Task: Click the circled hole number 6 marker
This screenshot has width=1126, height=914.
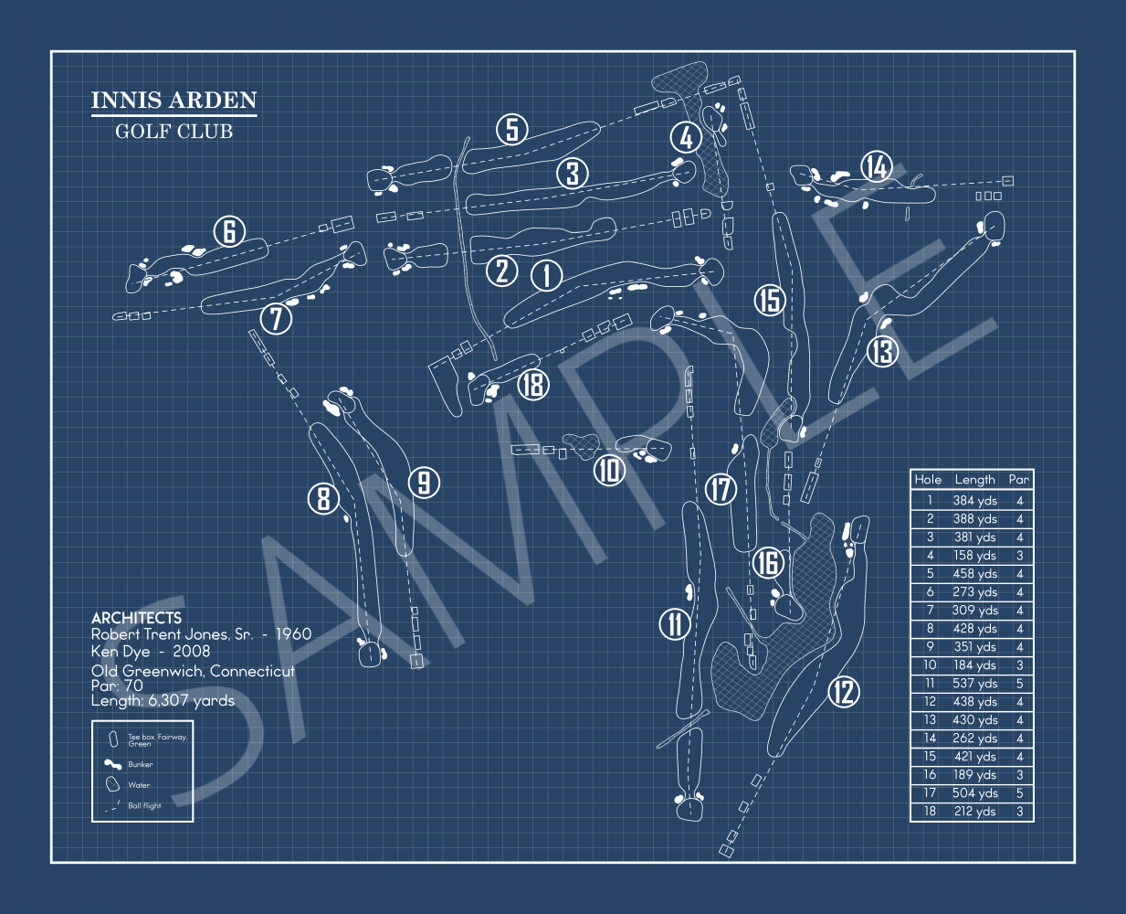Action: point(229,232)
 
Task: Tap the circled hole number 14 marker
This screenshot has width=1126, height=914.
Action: point(877,167)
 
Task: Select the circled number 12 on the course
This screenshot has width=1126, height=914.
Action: point(844,692)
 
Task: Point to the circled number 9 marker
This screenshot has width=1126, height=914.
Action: point(424,483)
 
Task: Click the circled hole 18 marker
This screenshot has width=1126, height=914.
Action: point(533,384)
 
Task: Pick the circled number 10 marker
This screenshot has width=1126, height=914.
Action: point(609,471)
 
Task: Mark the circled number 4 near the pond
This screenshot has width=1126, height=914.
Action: point(686,138)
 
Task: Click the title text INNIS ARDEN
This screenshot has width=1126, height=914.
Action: point(174,101)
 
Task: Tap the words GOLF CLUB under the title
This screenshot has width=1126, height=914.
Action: point(174,132)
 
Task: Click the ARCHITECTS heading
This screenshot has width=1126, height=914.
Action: point(136,618)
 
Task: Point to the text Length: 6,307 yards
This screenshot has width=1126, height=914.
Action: point(163,701)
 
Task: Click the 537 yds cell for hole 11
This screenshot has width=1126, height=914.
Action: point(974,684)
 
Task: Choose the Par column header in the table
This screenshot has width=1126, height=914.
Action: point(1018,479)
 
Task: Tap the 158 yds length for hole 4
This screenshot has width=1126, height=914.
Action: point(974,556)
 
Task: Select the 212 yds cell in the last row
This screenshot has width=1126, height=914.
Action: point(974,812)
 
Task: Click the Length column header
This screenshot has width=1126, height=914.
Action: point(974,479)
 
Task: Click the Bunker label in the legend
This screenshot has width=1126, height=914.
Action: point(141,764)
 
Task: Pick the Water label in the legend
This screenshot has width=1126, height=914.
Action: point(139,785)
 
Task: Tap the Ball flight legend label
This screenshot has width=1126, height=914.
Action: point(144,806)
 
